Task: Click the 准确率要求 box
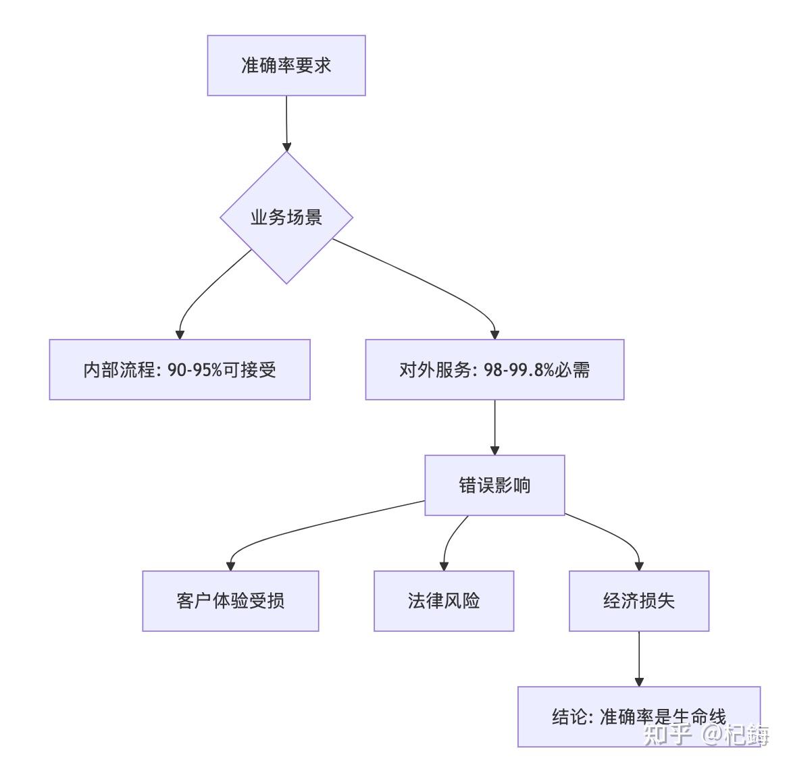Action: tap(286, 65)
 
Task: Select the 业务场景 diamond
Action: tap(286, 217)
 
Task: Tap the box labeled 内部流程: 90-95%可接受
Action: tap(180, 370)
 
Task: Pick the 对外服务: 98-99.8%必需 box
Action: tap(494, 370)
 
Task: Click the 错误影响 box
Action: tap(494, 485)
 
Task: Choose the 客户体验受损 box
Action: tap(230, 601)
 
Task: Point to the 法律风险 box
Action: tap(444, 601)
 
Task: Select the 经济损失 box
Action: tap(639, 601)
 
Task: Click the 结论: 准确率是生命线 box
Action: tap(639, 717)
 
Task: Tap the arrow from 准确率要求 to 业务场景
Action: tap(286, 124)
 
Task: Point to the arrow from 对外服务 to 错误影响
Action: tap(494, 427)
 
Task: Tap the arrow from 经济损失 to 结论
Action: tap(639, 659)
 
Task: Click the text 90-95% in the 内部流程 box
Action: tap(195, 370)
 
